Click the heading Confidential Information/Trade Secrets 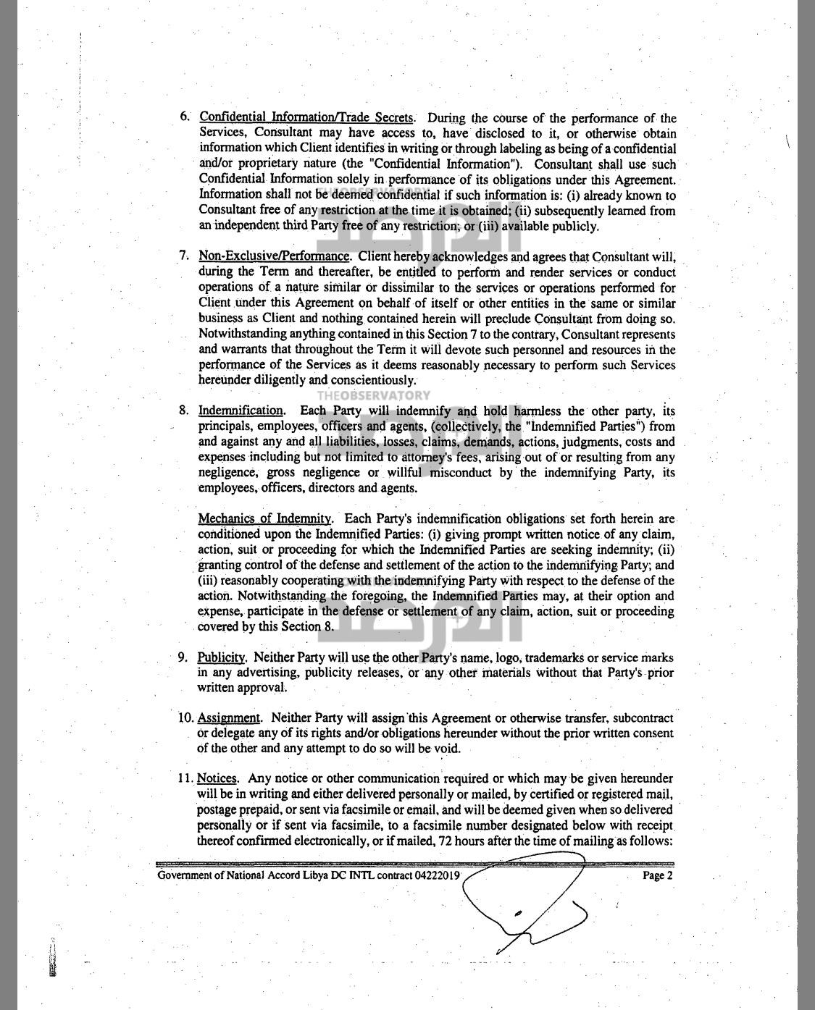pyautogui.click(x=306, y=117)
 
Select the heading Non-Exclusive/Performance pyautogui.click(x=274, y=256)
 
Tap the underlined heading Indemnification pyautogui.click(x=241, y=411)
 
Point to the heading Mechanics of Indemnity pyautogui.click(x=264, y=518)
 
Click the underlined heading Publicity pyautogui.click(x=222, y=657)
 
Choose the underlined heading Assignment pyautogui.click(x=228, y=717)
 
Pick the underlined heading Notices pyautogui.click(x=217, y=778)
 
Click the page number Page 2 pyautogui.click(x=658, y=875)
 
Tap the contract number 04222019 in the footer pyautogui.click(x=437, y=875)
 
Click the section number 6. pyautogui.click(x=185, y=117)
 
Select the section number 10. pyautogui.click(x=185, y=717)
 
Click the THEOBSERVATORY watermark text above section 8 pyautogui.click(x=373, y=395)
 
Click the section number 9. pyautogui.click(x=183, y=657)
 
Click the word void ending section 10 pyautogui.click(x=447, y=748)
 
